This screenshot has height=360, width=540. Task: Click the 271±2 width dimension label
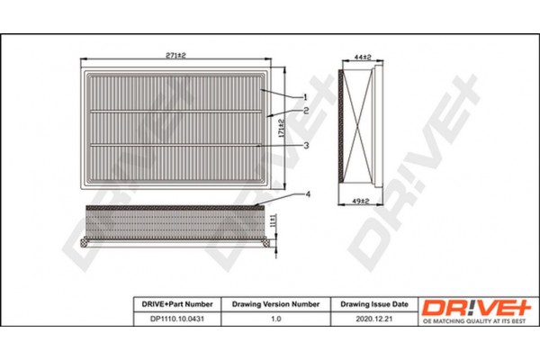[x=175, y=55]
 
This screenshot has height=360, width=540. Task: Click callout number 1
[x=305, y=96]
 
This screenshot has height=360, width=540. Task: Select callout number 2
[x=305, y=110]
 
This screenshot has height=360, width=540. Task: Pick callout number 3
[x=305, y=145]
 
